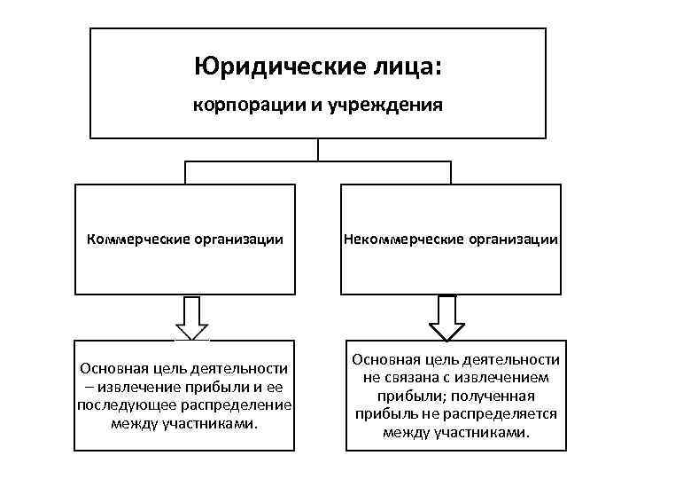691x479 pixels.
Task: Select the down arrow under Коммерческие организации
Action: click(x=191, y=318)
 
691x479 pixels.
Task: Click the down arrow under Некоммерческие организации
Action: click(x=446, y=318)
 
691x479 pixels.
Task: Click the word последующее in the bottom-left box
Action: click(x=113, y=405)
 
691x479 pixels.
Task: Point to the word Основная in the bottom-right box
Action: click(x=384, y=359)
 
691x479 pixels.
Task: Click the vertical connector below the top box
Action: click(x=317, y=151)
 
